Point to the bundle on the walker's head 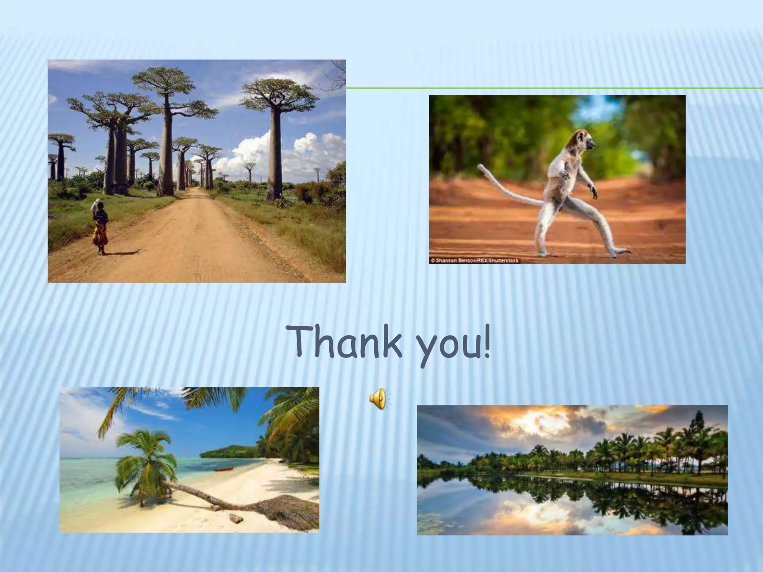(x=96, y=204)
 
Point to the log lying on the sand (x=235, y=518)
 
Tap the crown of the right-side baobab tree (x=279, y=91)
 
